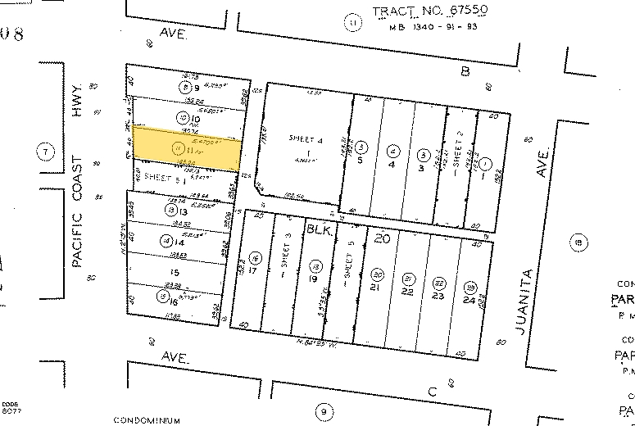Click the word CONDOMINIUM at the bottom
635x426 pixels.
(147, 420)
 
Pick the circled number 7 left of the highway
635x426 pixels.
(46, 151)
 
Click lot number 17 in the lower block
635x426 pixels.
(253, 270)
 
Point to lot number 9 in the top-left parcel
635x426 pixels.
(197, 88)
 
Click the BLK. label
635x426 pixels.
(319, 232)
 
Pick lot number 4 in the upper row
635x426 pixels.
(394, 164)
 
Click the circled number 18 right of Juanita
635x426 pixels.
(579, 242)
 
